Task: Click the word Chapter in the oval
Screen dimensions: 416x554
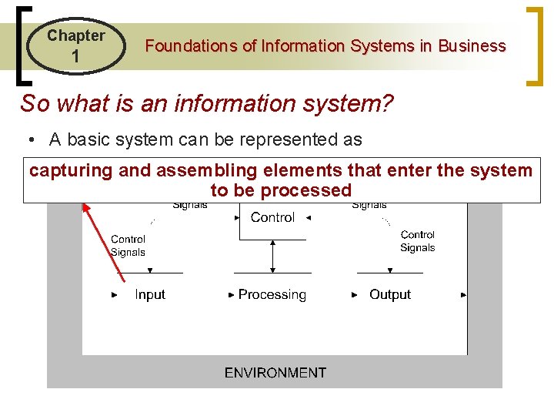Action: (x=75, y=35)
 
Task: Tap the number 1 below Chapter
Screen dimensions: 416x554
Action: (x=75, y=57)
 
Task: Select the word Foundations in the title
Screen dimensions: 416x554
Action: (x=191, y=46)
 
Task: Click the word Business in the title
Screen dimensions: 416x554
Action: (x=472, y=46)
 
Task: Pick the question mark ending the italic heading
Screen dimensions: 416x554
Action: (x=386, y=102)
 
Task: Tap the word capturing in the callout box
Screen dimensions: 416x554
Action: (x=71, y=170)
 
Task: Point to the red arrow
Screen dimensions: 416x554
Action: (x=102, y=236)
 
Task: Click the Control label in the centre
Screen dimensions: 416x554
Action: (x=272, y=218)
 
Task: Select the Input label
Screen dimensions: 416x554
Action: (x=150, y=295)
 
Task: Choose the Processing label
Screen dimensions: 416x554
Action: (x=272, y=295)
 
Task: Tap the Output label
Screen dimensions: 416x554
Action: (x=390, y=295)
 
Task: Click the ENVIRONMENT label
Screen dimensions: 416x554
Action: (x=275, y=373)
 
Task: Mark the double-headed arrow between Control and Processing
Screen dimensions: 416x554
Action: (x=272, y=257)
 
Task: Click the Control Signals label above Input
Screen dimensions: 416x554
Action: (x=128, y=246)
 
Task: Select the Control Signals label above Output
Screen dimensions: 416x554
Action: (x=418, y=241)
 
